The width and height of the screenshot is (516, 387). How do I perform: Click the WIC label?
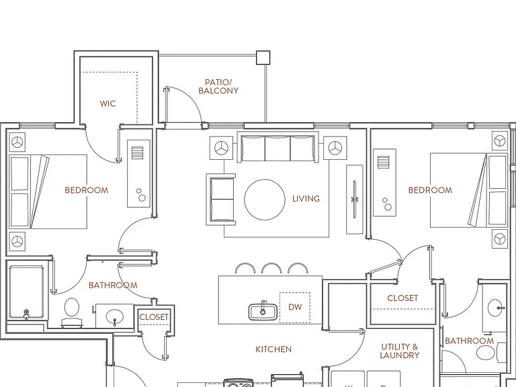click(108, 103)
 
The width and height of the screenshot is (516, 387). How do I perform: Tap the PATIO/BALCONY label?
click(218, 87)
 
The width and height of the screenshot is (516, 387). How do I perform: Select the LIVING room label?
click(306, 198)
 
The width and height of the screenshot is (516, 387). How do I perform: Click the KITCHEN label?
click(273, 349)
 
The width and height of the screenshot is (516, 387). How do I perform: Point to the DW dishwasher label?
click(295, 307)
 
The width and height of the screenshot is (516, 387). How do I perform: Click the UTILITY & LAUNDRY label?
click(400, 351)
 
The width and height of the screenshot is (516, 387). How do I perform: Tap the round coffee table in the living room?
click(265, 200)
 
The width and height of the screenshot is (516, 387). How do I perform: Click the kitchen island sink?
click(262, 311)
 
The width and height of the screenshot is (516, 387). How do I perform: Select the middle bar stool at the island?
click(271, 268)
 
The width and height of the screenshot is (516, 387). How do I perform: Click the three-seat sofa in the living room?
click(277, 146)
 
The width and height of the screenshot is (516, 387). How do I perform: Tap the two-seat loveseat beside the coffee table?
click(221, 200)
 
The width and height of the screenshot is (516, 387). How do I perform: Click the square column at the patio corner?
click(263, 58)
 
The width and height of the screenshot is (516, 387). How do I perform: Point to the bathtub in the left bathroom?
click(26, 292)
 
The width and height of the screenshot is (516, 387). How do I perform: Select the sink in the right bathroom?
click(496, 308)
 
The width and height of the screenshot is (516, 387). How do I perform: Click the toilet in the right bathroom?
click(490, 353)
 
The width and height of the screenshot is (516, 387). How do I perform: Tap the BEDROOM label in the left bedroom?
click(87, 190)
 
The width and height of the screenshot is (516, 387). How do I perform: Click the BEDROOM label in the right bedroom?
click(430, 190)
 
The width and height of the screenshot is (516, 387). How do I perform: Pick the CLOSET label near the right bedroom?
click(402, 298)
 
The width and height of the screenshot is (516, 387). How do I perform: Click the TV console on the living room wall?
click(355, 200)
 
